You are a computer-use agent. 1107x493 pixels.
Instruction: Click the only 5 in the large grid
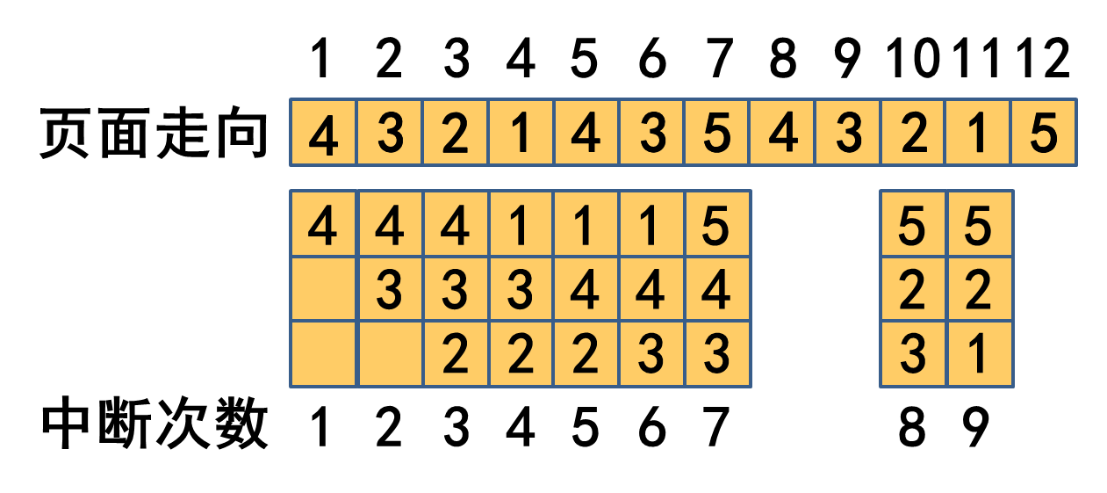click(x=717, y=225)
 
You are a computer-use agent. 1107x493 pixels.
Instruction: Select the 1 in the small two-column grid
click(x=980, y=354)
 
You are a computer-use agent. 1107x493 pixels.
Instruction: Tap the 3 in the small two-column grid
click(x=913, y=354)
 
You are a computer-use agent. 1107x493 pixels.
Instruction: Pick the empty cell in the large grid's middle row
click(x=323, y=290)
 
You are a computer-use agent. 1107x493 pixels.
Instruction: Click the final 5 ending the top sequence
click(x=1044, y=133)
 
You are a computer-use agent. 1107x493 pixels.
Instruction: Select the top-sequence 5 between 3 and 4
click(x=717, y=133)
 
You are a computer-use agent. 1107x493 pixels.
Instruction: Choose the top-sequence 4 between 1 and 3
click(x=586, y=133)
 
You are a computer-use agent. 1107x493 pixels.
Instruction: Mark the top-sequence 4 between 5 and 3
click(x=782, y=133)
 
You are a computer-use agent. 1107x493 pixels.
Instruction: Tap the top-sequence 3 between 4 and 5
click(x=651, y=133)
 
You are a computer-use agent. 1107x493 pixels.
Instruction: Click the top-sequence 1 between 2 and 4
click(x=521, y=133)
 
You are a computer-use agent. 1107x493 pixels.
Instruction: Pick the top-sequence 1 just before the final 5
click(x=979, y=133)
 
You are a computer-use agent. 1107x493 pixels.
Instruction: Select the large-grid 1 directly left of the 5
click(x=651, y=225)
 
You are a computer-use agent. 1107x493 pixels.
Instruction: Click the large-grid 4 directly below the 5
click(x=717, y=290)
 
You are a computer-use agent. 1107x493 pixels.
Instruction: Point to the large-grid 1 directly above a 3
click(x=521, y=225)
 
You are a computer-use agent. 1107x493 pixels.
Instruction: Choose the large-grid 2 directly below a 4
click(x=586, y=354)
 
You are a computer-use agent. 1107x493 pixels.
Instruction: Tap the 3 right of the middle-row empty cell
click(x=389, y=290)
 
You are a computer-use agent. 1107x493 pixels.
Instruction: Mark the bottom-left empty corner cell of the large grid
click(x=323, y=354)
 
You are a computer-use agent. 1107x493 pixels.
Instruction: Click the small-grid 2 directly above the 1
click(x=980, y=290)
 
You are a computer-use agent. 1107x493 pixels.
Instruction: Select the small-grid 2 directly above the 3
click(x=913, y=290)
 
